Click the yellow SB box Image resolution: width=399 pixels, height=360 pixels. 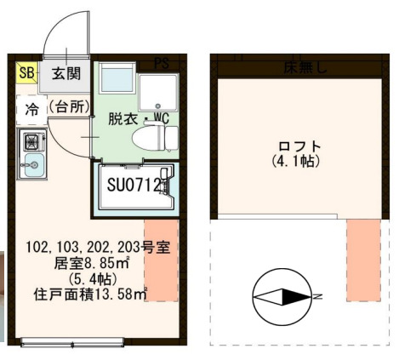point(26,73)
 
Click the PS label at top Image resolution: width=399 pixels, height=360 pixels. point(161,63)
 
